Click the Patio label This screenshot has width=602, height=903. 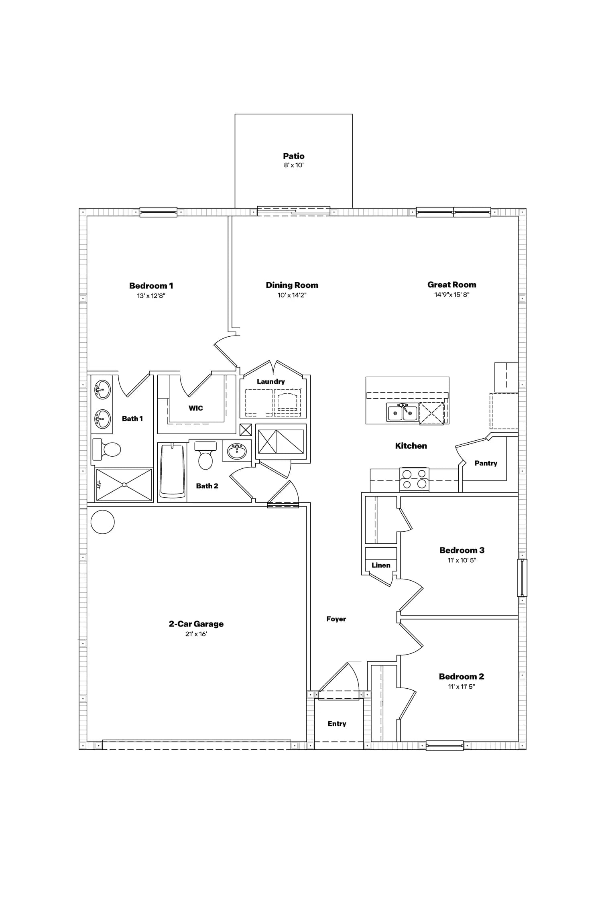294,156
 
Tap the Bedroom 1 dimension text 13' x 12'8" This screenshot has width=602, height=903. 151,296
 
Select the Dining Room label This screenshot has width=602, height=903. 292,285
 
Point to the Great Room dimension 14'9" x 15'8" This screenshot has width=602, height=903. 452,295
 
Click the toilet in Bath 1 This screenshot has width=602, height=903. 106,449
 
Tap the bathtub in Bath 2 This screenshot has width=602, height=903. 172,472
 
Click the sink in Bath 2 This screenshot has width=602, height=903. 237,451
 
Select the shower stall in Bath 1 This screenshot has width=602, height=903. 124,485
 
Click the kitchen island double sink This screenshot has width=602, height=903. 403,413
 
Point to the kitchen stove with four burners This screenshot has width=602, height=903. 414,479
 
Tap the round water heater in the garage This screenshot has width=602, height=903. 103,522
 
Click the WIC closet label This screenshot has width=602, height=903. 196,408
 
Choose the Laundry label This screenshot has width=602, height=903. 271,382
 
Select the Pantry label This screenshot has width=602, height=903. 486,463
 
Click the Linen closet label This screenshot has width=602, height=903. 381,565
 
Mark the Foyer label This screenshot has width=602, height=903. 336,619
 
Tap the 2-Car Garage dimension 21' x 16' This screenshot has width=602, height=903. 196,634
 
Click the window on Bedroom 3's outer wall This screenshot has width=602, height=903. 522,578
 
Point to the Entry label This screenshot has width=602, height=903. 337,724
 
